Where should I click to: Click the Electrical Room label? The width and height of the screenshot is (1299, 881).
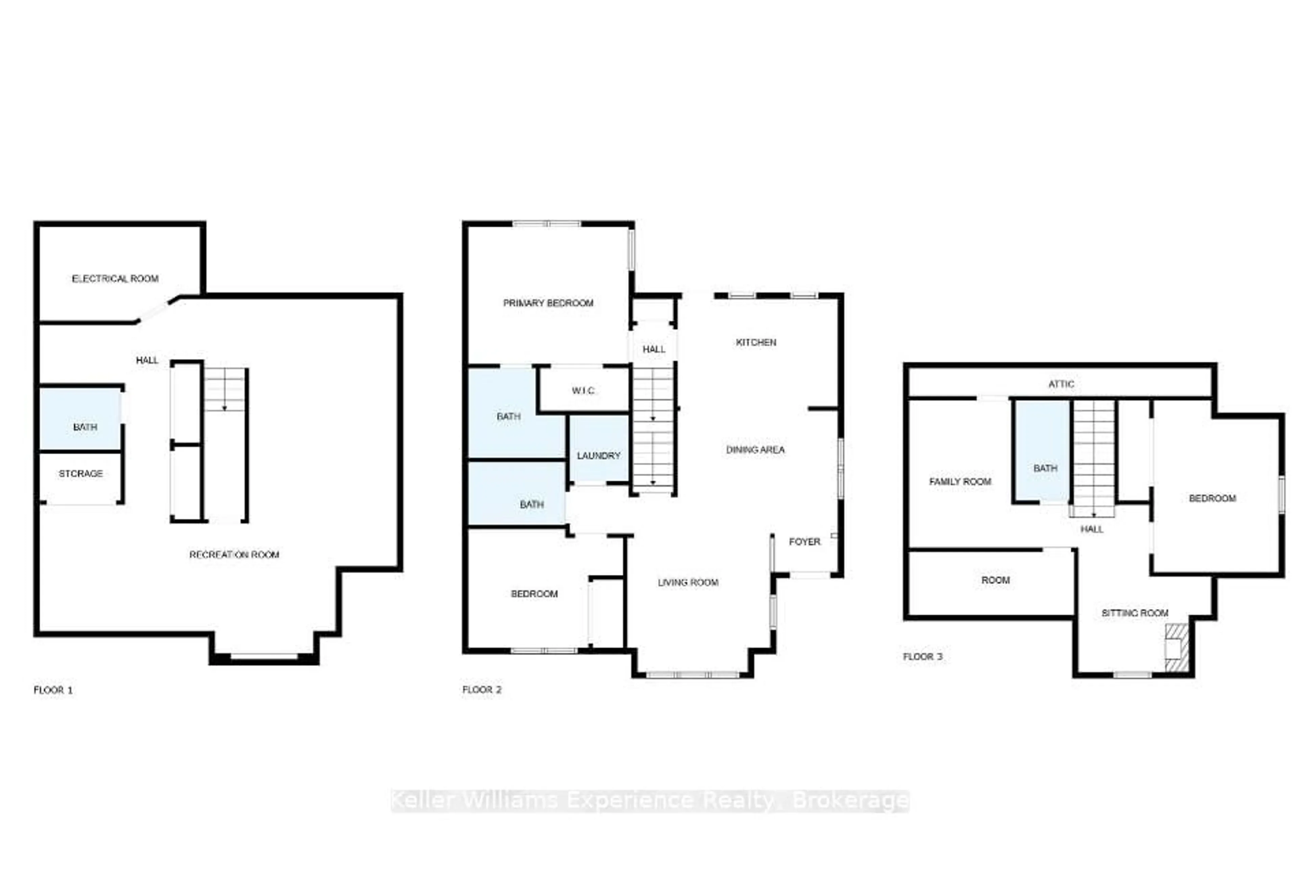[x=115, y=278]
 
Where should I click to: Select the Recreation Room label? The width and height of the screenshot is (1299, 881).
[x=234, y=555]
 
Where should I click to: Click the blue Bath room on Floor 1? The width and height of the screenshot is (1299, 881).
[x=81, y=419]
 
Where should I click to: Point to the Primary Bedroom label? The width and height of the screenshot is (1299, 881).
[x=548, y=303]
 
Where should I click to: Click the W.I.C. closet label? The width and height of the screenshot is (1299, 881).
[x=583, y=390]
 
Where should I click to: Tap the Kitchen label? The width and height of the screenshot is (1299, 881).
[x=756, y=342]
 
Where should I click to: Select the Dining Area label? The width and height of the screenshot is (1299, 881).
[x=755, y=449]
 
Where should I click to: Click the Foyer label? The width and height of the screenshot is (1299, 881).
[x=804, y=541]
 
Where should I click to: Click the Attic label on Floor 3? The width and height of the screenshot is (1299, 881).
[x=1061, y=384]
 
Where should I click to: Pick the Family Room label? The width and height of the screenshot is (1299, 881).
[x=960, y=481]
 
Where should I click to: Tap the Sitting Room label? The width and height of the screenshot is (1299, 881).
[x=1135, y=613]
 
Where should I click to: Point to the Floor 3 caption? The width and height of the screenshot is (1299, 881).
[x=922, y=656]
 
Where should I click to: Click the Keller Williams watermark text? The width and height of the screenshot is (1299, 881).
[x=649, y=800]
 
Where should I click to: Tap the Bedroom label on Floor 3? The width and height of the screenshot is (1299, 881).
[x=1212, y=498]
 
